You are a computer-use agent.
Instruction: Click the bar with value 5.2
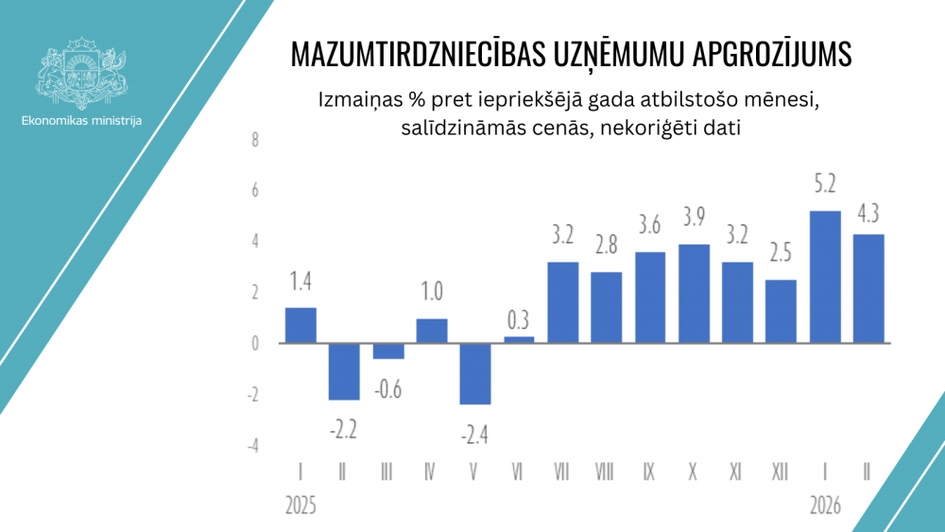826,277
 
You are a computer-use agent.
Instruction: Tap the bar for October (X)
695,293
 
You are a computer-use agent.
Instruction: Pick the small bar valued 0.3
519,339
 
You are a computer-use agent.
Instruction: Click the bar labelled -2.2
344,371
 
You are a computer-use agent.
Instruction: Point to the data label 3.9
695,217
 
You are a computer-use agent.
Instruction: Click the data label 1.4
301,281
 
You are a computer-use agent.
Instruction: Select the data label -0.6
388,388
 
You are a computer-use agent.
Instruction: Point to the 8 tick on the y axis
253,140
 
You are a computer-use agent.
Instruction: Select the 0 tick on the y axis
253,344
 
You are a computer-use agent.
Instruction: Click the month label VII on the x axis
562,471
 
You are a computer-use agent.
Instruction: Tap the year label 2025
300,506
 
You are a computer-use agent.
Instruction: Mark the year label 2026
826,506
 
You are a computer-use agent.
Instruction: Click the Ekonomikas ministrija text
81,120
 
